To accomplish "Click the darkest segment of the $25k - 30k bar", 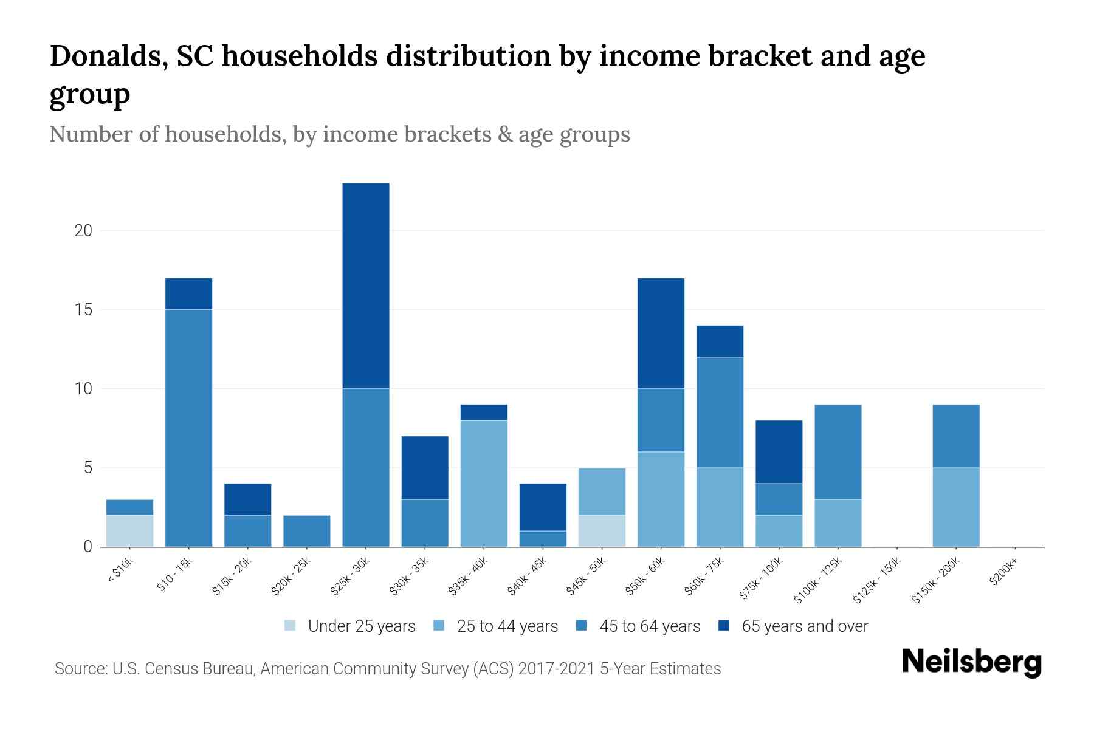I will pyautogui.click(x=366, y=286).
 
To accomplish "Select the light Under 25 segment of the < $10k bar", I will pyautogui.click(x=129, y=530).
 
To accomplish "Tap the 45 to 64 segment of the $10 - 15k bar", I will pyautogui.click(x=188, y=428).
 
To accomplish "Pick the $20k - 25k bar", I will pyautogui.click(x=307, y=531).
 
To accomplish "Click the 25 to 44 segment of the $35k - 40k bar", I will pyautogui.click(x=484, y=483).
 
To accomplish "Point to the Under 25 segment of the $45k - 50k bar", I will pyautogui.click(x=602, y=530).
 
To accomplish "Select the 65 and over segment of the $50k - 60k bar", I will pyautogui.click(x=661, y=333).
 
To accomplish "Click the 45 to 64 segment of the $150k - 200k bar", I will pyautogui.click(x=955, y=436).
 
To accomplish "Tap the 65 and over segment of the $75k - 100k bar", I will pyautogui.click(x=779, y=451).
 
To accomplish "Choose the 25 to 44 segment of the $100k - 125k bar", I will pyautogui.click(x=838, y=522).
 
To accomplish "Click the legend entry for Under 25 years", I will pyautogui.click(x=350, y=626).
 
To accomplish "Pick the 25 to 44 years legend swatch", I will pyautogui.click(x=439, y=625).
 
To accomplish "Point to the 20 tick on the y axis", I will pyautogui.click(x=83, y=231).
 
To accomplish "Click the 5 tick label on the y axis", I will pyautogui.click(x=88, y=468).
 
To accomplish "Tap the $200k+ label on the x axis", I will pyautogui.click(x=1003, y=573).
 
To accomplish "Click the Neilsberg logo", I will pyautogui.click(x=971, y=663).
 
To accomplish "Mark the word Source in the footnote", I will pyautogui.click(x=79, y=669).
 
